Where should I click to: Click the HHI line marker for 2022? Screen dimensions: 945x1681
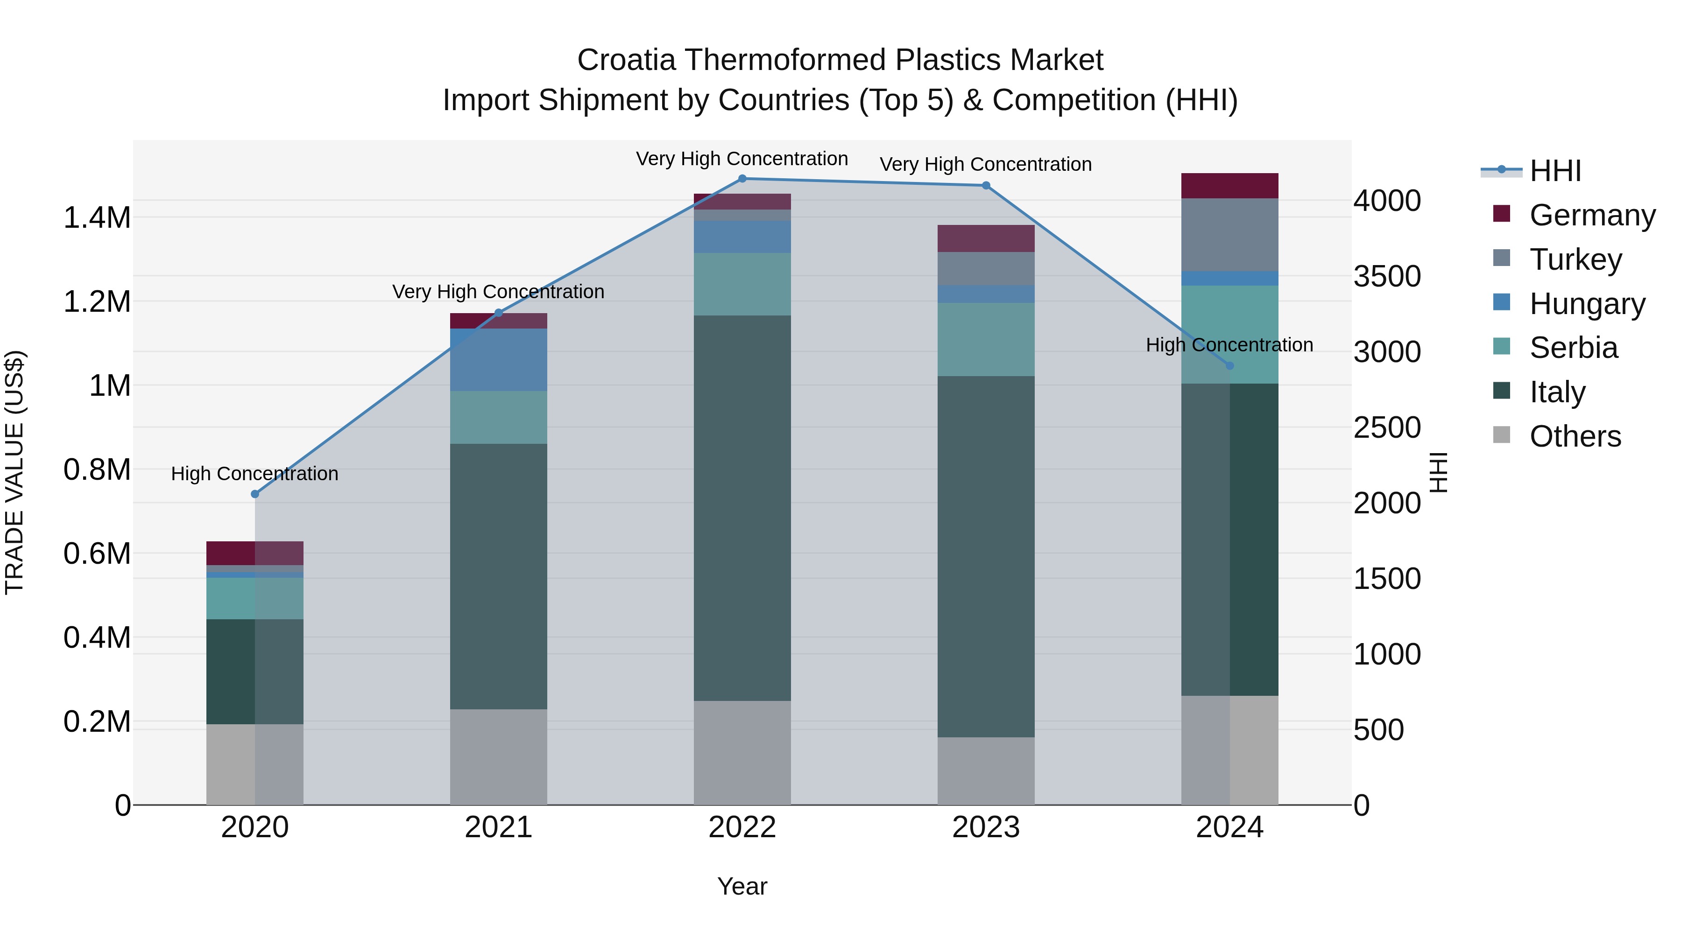(x=742, y=179)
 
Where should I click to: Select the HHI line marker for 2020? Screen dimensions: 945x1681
(x=255, y=494)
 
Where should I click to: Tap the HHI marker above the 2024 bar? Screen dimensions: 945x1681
(x=1230, y=366)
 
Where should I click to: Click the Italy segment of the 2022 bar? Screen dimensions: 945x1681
(x=742, y=509)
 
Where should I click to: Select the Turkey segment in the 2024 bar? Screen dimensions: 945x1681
(x=1230, y=235)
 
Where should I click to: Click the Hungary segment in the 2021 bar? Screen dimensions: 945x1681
(x=499, y=360)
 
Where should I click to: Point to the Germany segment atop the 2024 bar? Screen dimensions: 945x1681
(x=1230, y=186)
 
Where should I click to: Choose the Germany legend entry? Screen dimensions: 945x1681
(x=1592, y=215)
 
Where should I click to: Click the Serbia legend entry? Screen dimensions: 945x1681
(x=1573, y=348)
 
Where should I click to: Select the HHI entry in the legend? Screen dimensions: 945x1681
(x=1555, y=171)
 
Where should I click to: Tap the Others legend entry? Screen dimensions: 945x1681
(x=1575, y=436)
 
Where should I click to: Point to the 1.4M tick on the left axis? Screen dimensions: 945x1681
(x=97, y=218)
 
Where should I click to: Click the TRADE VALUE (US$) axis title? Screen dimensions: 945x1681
(x=14, y=472)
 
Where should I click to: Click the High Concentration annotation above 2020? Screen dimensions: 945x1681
(x=254, y=474)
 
